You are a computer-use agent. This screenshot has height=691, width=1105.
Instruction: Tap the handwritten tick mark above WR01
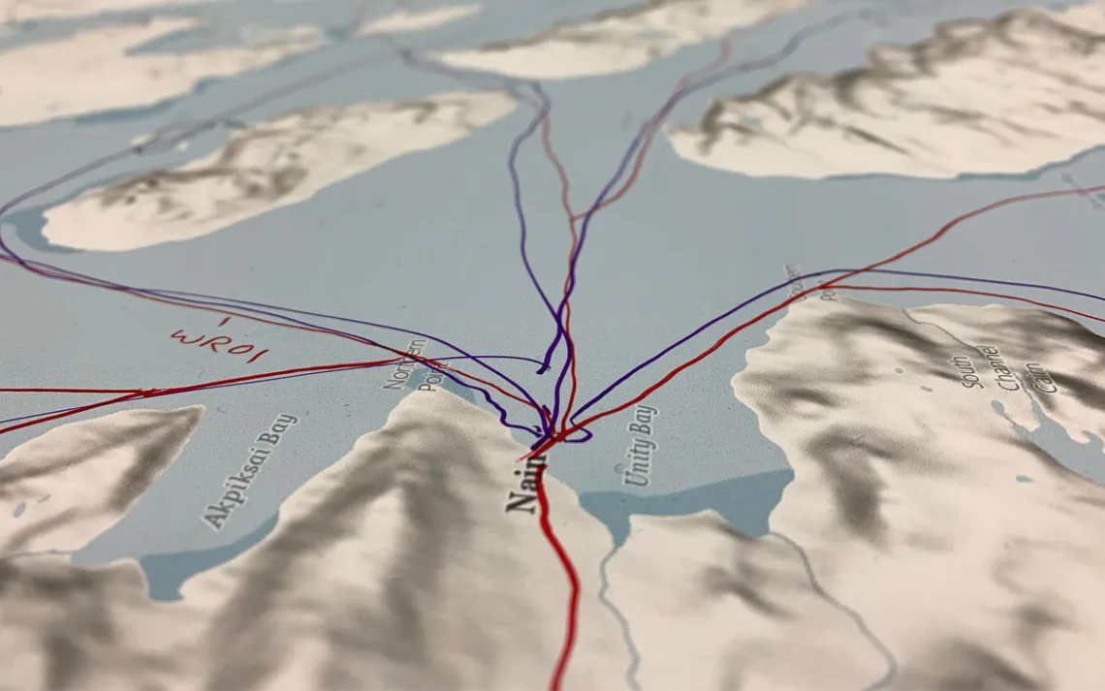(224, 321)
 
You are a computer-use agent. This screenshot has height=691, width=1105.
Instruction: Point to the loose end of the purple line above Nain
(542, 369)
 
